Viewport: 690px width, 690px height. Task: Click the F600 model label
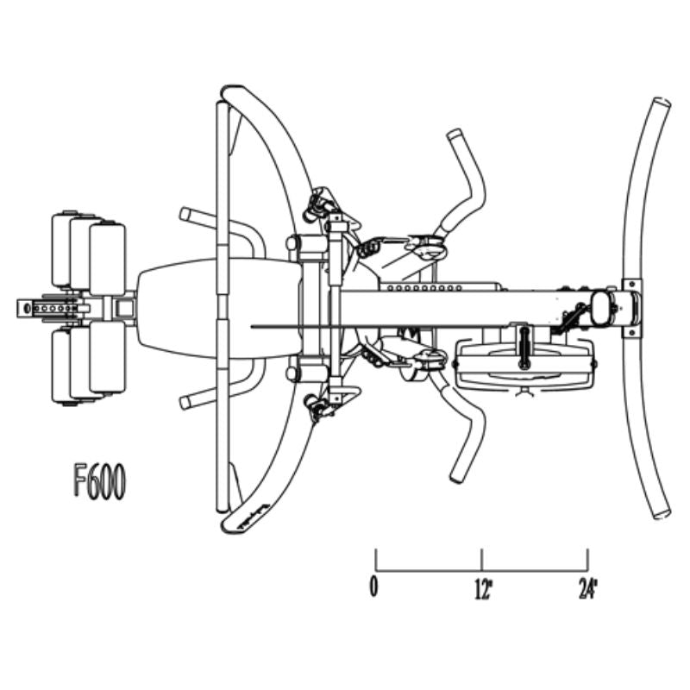pyautogui.click(x=99, y=482)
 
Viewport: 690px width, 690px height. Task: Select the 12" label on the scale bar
pyautogui.click(x=483, y=590)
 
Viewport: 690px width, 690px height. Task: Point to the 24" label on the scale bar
pyautogui.click(x=588, y=590)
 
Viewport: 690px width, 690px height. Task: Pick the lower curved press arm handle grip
pyautogui.click(x=458, y=473)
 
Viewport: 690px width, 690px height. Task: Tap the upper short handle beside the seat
pyautogui.click(x=195, y=216)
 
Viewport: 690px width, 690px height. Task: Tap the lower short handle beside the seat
pyautogui.click(x=195, y=399)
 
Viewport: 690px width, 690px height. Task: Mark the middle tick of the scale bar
pyautogui.click(x=482, y=560)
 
